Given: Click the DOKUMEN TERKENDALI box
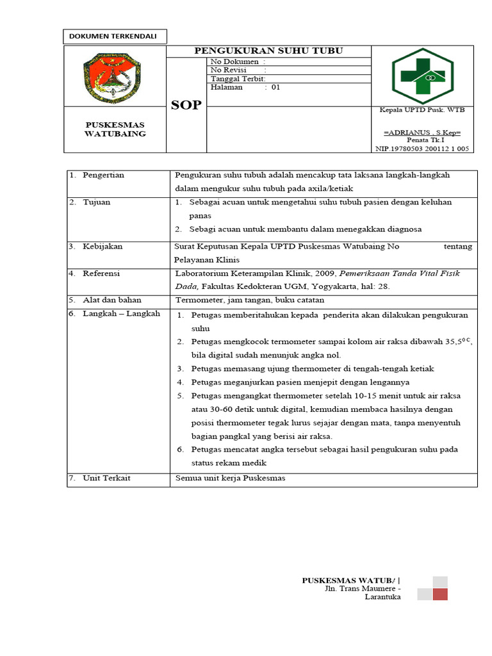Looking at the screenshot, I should (x=115, y=37).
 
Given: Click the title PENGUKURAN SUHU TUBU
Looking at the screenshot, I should (x=268, y=51).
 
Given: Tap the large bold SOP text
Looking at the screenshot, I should (x=186, y=105).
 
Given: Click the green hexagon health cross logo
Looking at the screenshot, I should (x=422, y=76).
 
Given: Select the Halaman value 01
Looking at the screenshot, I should (x=276, y=88).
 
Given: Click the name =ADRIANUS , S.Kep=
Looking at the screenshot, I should (x=422, y=132).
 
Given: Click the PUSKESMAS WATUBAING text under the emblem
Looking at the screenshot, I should (x=115, y=129).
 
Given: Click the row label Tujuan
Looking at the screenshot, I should (x=96, y=202).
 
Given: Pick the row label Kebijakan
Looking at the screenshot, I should (x=102, y=246).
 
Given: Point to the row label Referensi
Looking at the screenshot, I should (x=101, y=273).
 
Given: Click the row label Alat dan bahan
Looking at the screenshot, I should (x=111, y=300).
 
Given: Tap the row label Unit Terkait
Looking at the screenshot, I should (x=106, y=478).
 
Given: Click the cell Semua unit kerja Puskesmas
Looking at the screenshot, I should (x=231, y=478).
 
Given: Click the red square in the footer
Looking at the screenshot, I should (x=440, y=594).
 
